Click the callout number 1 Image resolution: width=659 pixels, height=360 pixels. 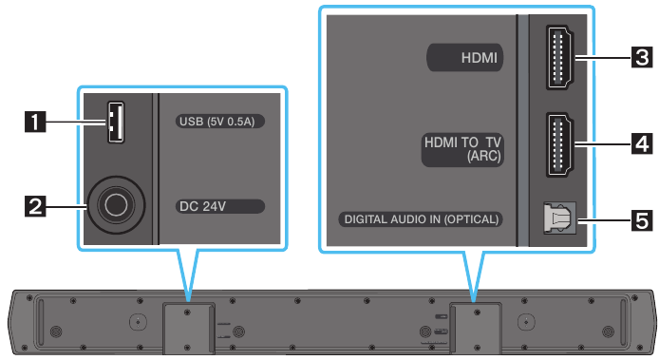pos(36,121)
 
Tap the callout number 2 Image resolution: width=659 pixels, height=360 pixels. pos(36,202)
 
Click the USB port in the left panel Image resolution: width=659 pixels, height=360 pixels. pos(115,122)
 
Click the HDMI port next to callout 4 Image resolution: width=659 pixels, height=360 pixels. pos(557,144)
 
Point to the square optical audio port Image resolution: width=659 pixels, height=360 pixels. pos(558,220)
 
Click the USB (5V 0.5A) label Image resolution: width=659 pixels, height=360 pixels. pos(219,122)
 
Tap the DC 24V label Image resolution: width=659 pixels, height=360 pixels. pos(219,204)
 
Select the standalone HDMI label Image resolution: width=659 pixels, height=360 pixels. pos(466,59)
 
